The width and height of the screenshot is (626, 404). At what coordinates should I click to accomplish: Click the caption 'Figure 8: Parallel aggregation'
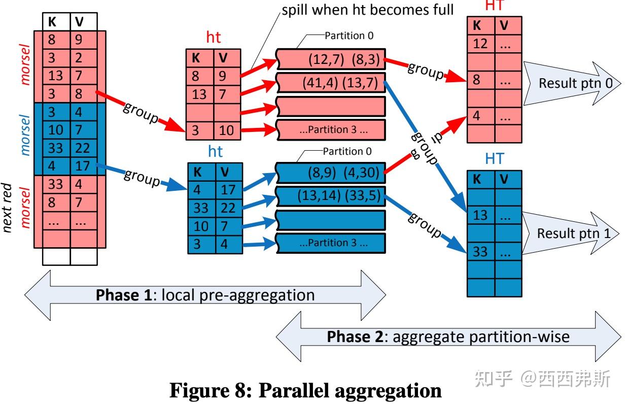(305, 390)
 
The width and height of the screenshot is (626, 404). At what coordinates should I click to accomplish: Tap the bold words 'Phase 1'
(124, 295)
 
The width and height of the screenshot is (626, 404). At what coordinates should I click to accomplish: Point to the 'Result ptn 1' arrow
(570, 233)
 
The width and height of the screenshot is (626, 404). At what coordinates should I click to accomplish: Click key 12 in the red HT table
(480, 44)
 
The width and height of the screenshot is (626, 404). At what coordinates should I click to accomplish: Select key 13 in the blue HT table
(480, 215)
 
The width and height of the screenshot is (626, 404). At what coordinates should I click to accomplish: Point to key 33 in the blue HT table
(480, 251)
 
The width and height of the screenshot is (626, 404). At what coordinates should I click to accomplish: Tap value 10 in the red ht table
(226, 130)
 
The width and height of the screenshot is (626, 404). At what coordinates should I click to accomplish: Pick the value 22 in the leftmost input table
(83, 148)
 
